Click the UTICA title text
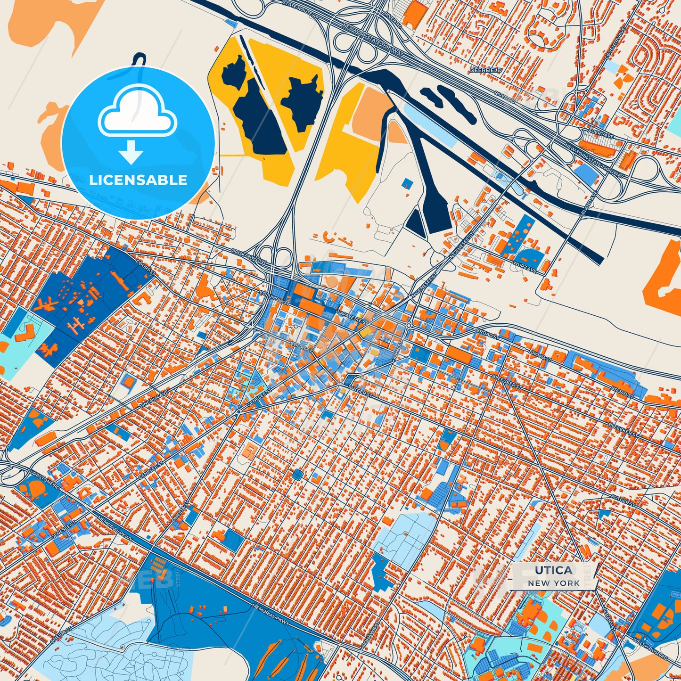tap(554, 570)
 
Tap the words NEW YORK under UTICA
tap(554, 583)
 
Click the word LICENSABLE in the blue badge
tap(138, 180)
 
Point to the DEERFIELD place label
tap(486, 70)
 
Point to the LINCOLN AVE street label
tap(154, 399)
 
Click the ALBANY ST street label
tap(608, 617)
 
